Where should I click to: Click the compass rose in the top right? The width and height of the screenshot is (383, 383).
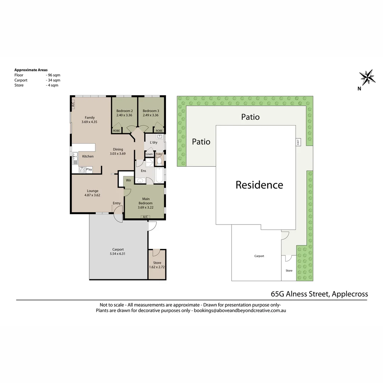coord(367,77)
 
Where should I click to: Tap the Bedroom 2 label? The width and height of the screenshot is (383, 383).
coord(124,111)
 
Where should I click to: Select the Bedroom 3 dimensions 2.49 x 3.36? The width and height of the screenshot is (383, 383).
coord(150,115)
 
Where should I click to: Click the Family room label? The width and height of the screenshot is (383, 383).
coord(89,118)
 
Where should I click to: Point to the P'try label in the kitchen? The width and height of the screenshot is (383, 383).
coord(89,170)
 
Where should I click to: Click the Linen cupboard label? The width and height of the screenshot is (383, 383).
coord(149,154)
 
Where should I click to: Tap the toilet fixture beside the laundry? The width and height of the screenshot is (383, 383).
coord(159,161)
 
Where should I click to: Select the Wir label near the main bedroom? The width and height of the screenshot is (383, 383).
coord(128,181)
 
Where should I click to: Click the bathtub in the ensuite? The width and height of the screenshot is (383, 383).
coord(159,175)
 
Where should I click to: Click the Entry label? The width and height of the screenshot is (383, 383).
coord(117,203)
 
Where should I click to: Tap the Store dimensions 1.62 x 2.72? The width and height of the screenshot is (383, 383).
coord(157,267)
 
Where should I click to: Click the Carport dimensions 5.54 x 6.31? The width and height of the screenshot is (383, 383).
coord(118,254)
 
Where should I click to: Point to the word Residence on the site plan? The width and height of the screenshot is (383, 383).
coord(259,185)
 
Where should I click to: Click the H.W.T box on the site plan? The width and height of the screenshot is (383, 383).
coord(298,142)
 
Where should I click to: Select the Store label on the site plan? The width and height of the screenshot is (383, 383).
coord(289,271)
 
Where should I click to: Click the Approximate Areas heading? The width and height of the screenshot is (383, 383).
coord(31,70)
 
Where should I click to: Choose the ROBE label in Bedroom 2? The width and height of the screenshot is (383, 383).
coord(116,131)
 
